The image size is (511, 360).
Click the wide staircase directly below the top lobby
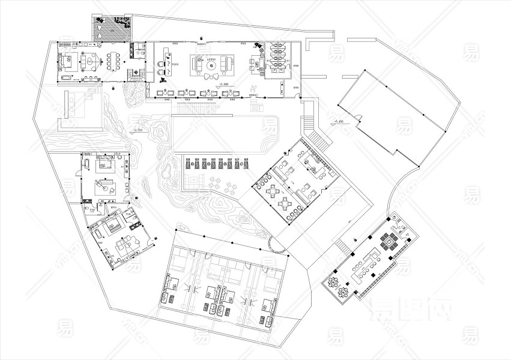pyautogui.click(x=202, y=109)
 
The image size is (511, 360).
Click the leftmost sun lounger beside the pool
pyautogui.click(x=187, y=163)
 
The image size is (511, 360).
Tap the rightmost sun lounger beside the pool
pyautogui.click(x=245, y=163)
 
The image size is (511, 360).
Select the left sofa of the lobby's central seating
pyautogui.click(x=197, y=62)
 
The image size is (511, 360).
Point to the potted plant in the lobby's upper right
pyautogui.click(x=258, y=45)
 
